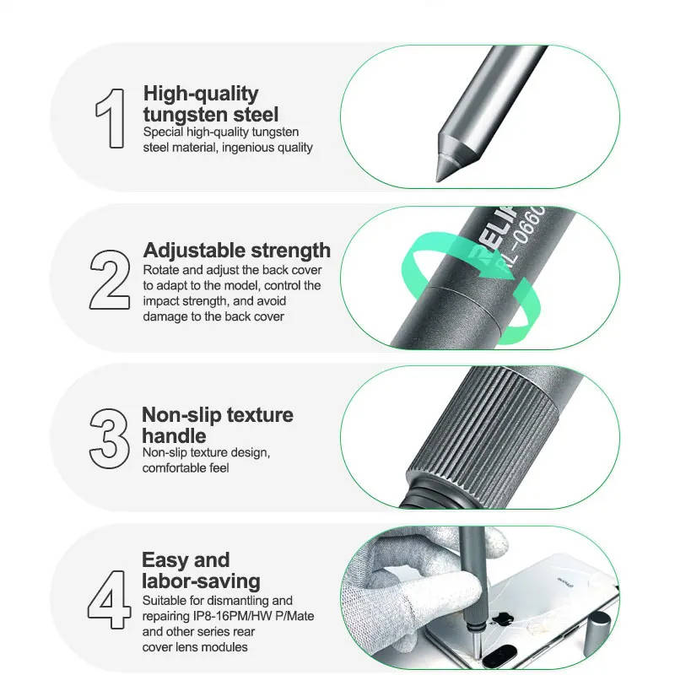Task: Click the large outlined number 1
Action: [x=111, y=118]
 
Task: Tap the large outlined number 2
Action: [x=110, y=280]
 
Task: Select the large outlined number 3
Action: [x=109, y=439]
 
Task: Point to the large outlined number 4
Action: [x=110, y=600]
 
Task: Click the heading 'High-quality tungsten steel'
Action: [x=211, y=104]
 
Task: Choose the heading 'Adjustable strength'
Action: [x=237, y=250]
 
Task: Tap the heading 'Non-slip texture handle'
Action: [x=218, y=425]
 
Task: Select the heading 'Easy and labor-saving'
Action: [x=201, y=570]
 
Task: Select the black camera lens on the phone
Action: [x=499, y=656]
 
